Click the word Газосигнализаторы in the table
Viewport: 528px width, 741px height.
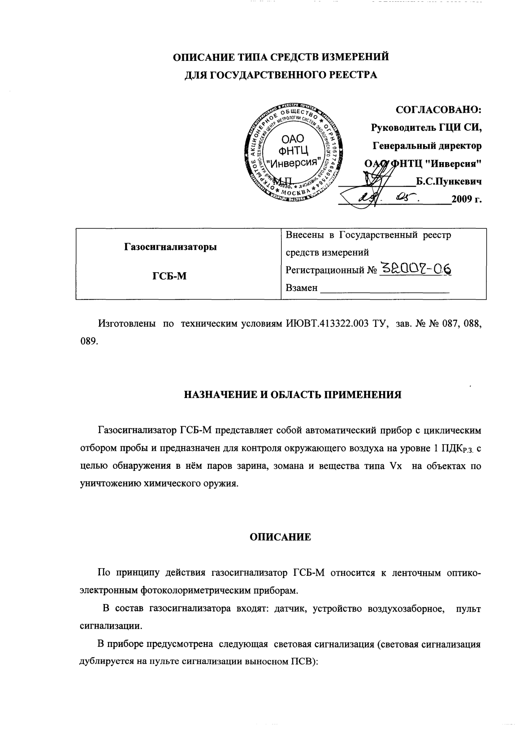click(170, 247)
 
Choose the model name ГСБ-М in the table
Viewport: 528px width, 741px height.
click(169, 276)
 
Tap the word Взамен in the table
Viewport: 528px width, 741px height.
click(301, 288)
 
